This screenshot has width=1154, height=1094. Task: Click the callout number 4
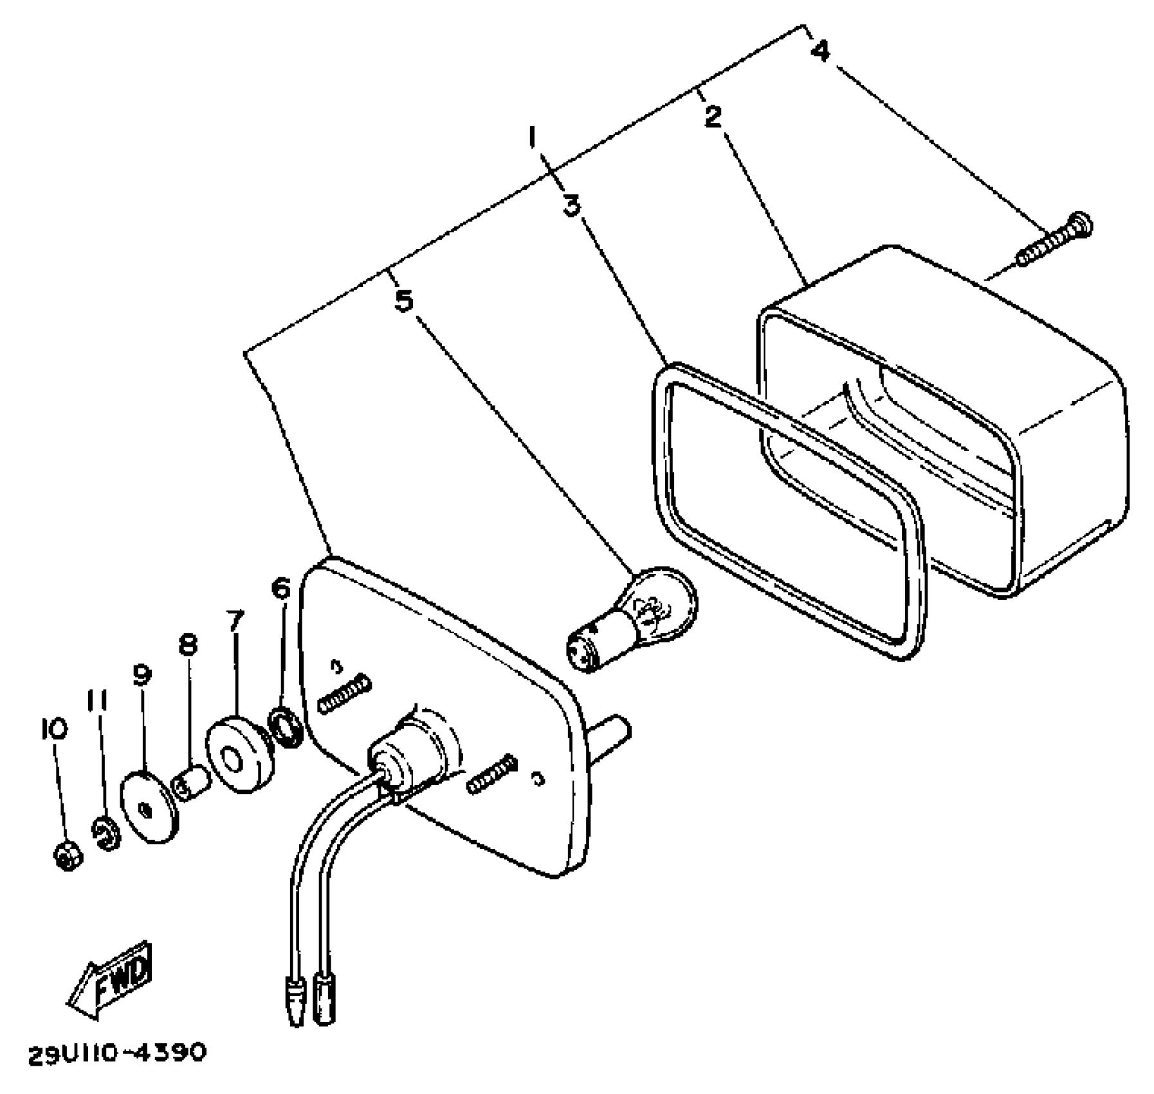(820, 50)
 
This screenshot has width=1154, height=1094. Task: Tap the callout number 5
(403, 301)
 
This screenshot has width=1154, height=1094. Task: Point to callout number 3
(571, 205)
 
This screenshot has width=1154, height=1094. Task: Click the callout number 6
(281, 588)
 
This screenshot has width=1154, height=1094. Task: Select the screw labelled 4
(1055, 241)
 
